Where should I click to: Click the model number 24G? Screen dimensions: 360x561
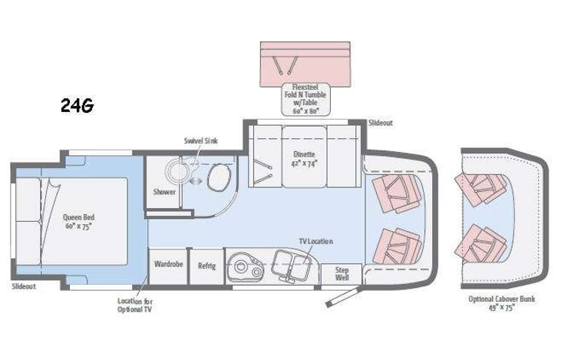pyautogui.click(x=77, y=107)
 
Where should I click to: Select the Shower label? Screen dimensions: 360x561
pyautogui.click(x=164, y=192)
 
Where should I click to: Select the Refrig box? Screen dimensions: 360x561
pyautogui.click(x=206, y=266)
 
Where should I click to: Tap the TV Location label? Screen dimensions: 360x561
pyautogui.click(x=315, y=241)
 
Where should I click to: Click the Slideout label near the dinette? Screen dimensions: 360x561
pyautogui.click(x=381, y=123)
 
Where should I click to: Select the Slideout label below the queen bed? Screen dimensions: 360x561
pyautogui.click(x=24, y=286)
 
